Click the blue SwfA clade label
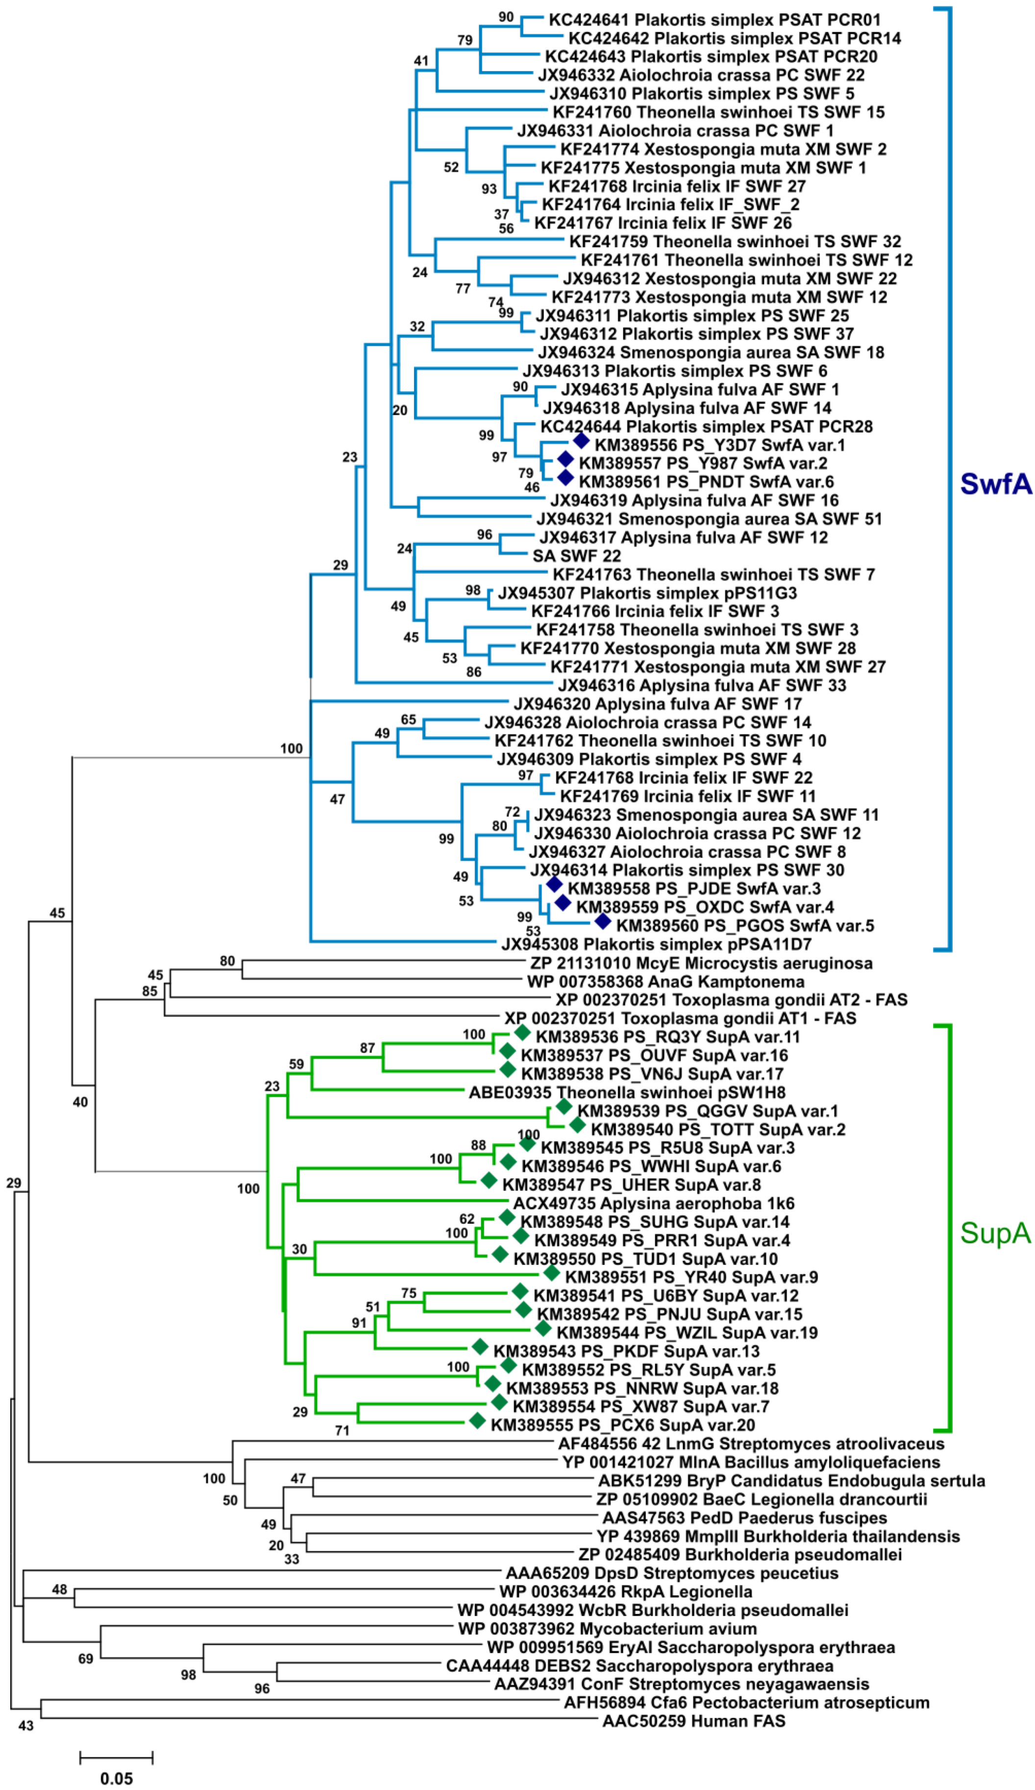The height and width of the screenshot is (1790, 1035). tap(995, 484)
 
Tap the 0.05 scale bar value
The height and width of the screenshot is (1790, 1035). tap(117, 1778)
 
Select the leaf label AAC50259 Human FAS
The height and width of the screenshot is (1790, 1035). tap(693, 1721)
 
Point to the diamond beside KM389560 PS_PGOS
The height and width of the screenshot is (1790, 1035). tap(603, 921)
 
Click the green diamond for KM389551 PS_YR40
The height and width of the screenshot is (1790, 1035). tap(552, 1273)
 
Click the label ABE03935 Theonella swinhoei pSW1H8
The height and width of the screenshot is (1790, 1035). tap(627, 1092)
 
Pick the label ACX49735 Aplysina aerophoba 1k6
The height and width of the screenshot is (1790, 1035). tap(653, 1203)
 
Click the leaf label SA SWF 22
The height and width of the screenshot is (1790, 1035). tap(576, 556)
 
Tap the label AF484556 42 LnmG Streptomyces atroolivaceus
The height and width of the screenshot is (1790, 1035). tap(751, 1444)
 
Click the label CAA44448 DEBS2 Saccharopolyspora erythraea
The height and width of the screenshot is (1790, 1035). tap(640, 1665)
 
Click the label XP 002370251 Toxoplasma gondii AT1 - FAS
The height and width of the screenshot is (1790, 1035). tap(680, 1019)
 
